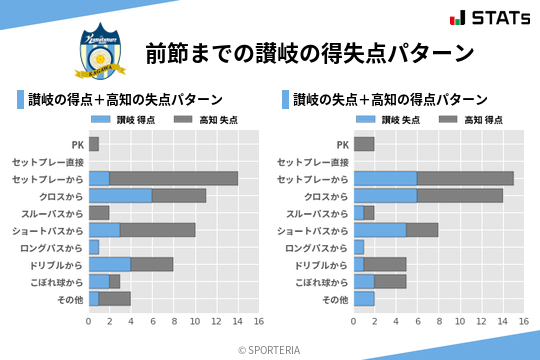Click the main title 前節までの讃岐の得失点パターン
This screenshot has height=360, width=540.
(x=309, y=52)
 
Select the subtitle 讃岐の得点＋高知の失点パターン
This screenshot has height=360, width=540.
(x=125, y=100)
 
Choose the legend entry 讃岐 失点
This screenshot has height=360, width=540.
(x=392, y=120)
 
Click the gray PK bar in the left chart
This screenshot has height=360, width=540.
(x=94, y=144)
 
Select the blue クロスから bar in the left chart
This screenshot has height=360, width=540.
(x=120, y=195)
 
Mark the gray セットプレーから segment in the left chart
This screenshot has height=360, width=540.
(x=174, y=178)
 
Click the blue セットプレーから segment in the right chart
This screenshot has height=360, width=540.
(x=385, y=178)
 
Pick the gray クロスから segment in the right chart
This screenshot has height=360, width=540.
(x=460, y=195)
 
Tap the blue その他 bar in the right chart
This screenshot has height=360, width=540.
(x=364, y=298)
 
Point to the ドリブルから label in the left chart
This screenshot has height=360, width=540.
(x=56, y=264)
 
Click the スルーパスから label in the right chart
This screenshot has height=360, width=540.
(x=317, y=213)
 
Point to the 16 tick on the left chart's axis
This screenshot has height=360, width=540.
(x=259, y=322)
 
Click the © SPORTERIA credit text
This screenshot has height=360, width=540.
(x=270, y=349)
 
